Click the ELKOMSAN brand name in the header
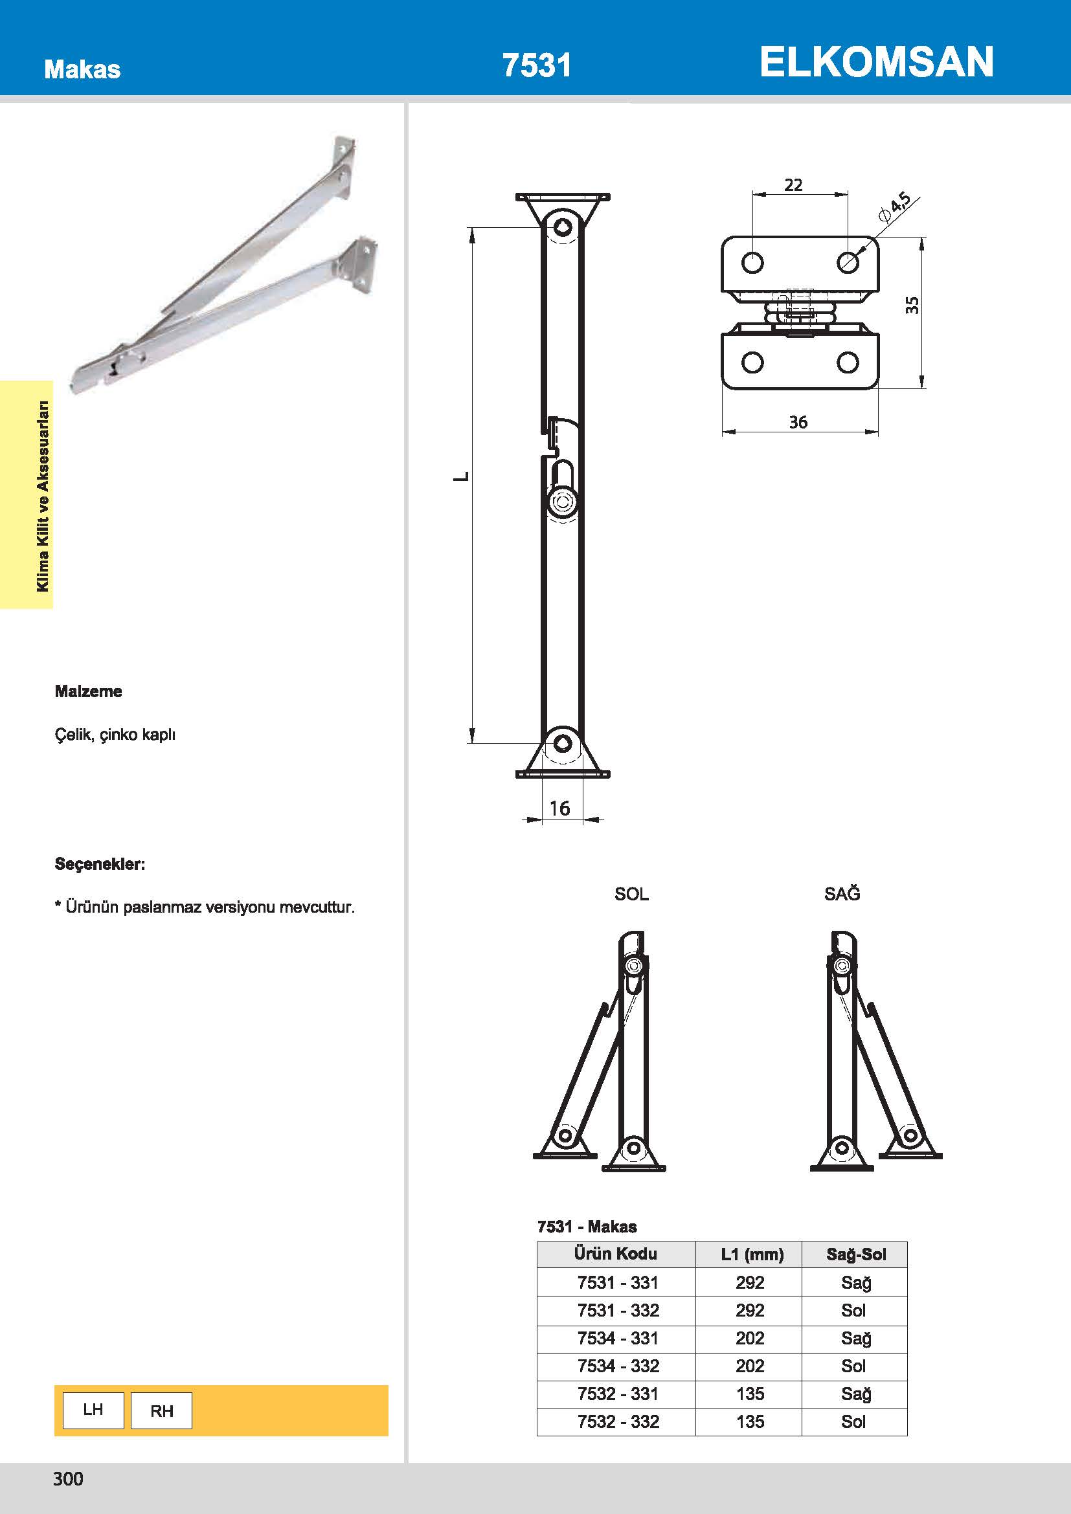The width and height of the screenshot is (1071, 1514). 876,62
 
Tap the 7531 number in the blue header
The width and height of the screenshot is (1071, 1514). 537,65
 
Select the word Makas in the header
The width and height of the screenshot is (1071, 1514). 82,69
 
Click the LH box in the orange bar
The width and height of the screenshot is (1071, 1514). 93,1410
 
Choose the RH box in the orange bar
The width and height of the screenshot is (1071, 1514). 162,1411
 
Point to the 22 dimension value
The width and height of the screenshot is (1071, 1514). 793,184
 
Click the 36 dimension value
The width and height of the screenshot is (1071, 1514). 798,422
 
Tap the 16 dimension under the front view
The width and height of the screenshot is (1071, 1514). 559,808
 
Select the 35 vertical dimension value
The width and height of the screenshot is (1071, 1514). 912,305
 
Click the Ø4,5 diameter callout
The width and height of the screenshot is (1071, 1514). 894,206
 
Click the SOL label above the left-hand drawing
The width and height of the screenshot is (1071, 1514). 631,894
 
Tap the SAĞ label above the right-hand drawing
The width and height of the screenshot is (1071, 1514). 842,894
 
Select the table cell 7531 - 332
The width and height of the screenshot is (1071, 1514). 618,1310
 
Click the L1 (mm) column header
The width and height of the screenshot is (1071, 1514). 752,1254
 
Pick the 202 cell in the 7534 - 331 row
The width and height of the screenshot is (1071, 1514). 750,1338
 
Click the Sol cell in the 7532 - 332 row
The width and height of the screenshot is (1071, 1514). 853,1421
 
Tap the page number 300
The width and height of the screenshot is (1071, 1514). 68,1479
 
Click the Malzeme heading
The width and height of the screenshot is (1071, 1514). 88,691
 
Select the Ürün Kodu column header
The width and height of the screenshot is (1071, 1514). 615,1254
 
